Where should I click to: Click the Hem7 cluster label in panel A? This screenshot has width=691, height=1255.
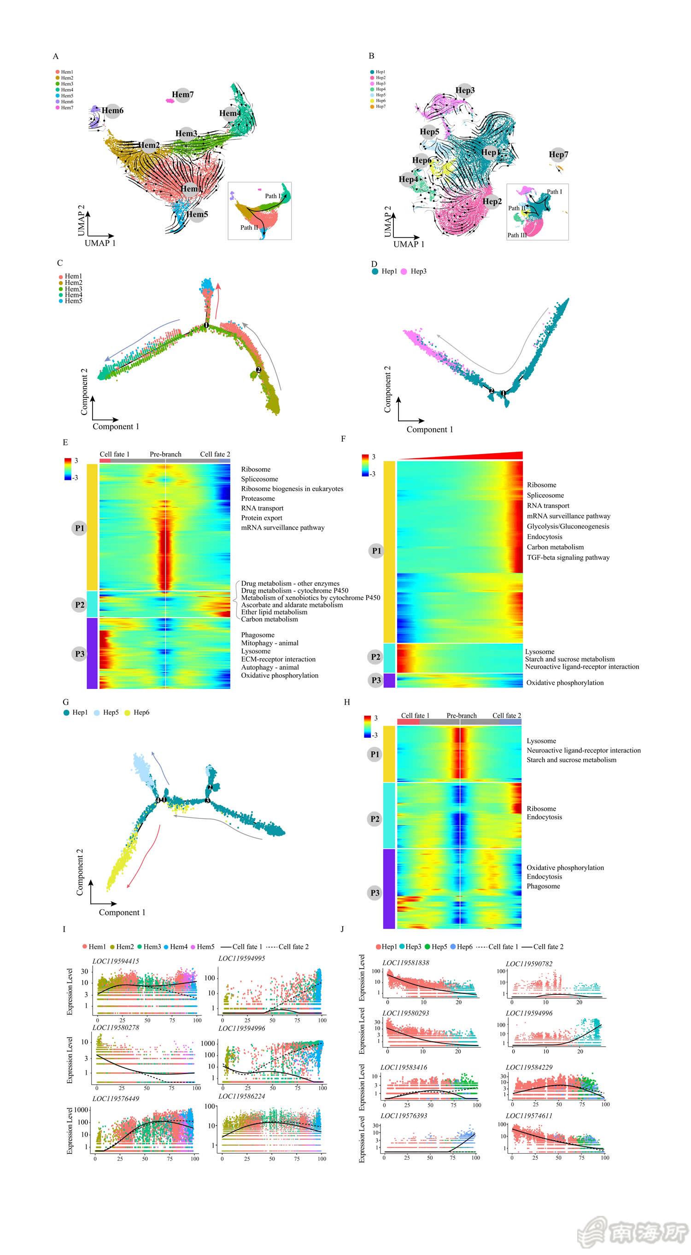point(183,94)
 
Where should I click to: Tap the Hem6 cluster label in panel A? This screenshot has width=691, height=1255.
point(112,111)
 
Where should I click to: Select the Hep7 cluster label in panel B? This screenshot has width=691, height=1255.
point(558,154)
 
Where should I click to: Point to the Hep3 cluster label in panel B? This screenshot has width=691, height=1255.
point(465,90)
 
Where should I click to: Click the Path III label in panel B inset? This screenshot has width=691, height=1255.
point(516,235)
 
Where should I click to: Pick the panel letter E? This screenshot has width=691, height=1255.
point(65,443)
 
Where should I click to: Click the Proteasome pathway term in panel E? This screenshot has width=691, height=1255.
point(258,498)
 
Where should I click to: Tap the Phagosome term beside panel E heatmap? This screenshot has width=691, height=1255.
point(258,635)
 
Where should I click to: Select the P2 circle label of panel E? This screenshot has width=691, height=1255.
point(79,605)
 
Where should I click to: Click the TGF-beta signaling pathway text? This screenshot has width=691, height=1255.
point(568,557)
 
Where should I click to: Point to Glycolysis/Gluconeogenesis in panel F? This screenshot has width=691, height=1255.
point(568,526)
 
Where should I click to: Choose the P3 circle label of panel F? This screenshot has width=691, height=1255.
point(376,680)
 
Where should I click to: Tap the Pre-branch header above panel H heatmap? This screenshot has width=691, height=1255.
point(462,716)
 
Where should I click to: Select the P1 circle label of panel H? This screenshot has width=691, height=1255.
point(374,754)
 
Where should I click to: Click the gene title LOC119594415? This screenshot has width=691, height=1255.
point(116,961)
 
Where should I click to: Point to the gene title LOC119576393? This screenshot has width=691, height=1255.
point(404,1115)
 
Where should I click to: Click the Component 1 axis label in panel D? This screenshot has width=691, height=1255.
point(430,429)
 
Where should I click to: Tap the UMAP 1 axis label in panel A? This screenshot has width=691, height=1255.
point(100,243)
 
